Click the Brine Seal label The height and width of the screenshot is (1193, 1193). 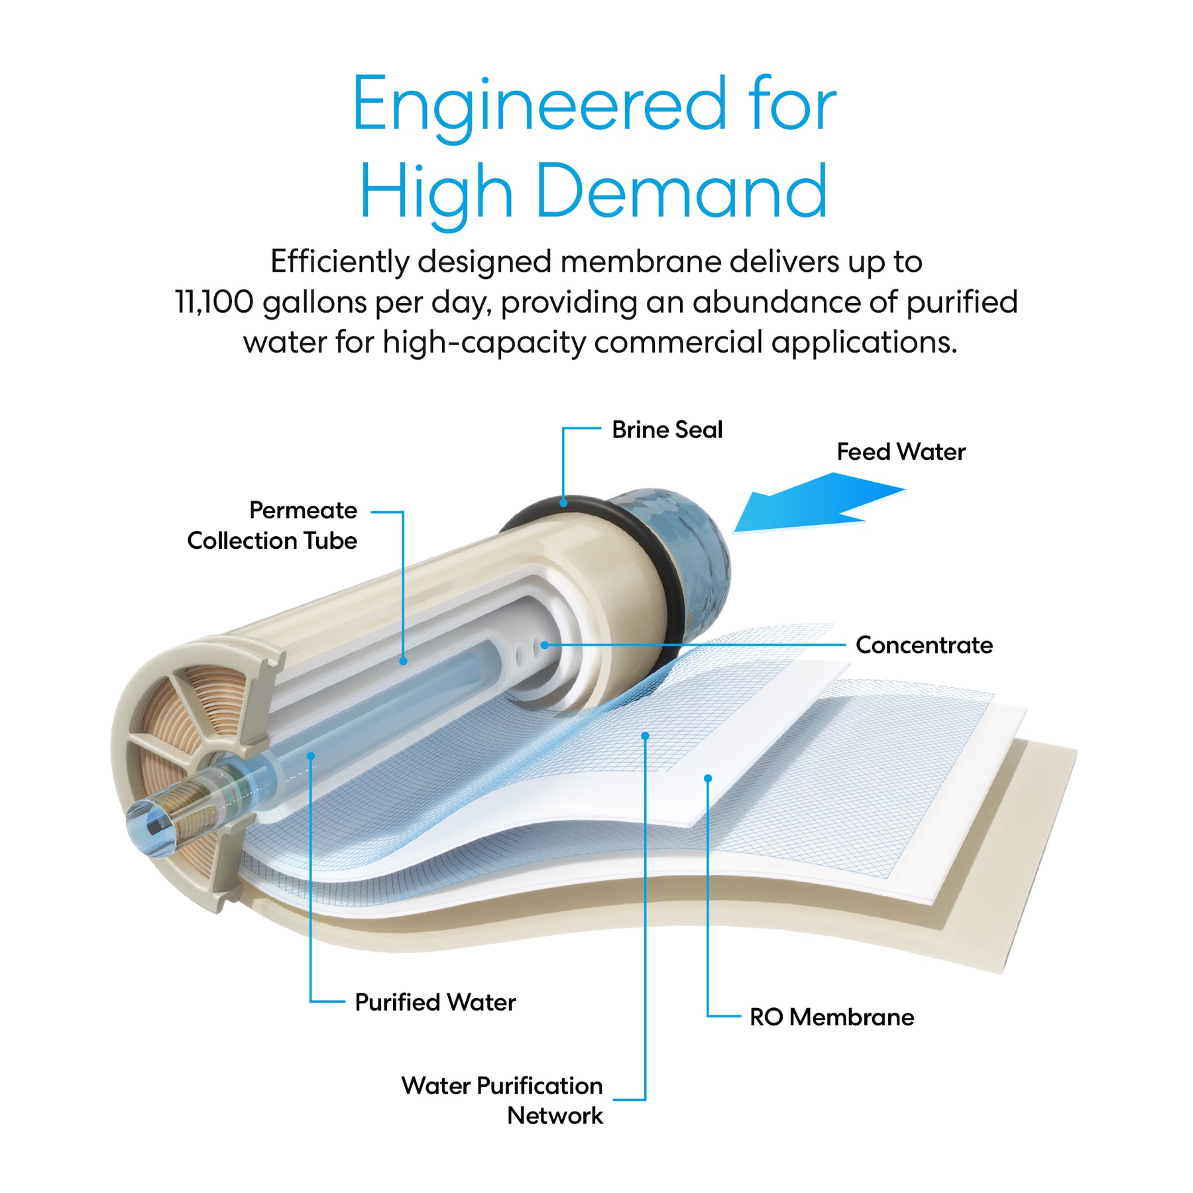point(666,430)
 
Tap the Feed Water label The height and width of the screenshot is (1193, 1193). point(901,452)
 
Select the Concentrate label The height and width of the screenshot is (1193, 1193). point(924,645)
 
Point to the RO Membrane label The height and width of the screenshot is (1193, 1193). point(831,1017)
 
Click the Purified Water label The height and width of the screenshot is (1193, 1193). point(435,1002)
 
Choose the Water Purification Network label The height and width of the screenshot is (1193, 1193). point(502,1100)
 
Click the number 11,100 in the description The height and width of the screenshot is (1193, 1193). point(213,302)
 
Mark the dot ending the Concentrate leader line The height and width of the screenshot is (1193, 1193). point(544,644)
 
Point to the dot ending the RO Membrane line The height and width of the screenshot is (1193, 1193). point(708,778)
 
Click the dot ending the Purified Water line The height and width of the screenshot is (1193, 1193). point(310,756)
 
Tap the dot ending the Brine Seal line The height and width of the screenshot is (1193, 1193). point(563,503)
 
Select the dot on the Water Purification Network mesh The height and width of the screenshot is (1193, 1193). point(645,736)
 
